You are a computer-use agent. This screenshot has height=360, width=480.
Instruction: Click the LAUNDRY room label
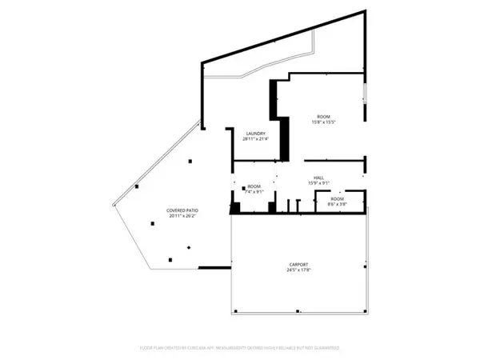pyautogui.click(x=255, y=134)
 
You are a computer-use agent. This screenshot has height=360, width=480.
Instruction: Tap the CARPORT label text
pyautogui.click(x=298, y=264)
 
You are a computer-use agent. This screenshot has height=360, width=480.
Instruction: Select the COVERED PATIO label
pyautogui.click(x=182, y=210)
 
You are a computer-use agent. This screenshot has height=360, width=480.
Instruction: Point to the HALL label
pyautogui.click(x=318, y=178)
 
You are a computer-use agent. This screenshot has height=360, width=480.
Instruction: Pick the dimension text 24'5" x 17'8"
pyautogui.click(x=298, y=270)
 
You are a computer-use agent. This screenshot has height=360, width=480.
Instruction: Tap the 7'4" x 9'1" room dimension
pyautogui.click(x=254, y=192)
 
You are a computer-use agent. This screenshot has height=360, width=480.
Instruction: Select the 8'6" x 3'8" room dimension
pyautogui.click(x=337, y=204)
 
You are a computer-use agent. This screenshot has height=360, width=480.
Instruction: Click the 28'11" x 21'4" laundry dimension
pyautogui.click(x=255, y=139)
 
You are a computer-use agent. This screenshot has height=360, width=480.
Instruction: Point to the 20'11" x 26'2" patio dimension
pyautogui.click(x=182, y=216)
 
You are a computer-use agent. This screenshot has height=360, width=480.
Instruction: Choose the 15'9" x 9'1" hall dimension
pyautogui.click(x=318, y=183)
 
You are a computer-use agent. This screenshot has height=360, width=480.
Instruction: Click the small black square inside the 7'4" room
pyautogui.click(x=243, y=188)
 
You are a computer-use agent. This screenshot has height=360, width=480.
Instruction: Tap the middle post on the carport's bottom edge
pyautogui.click(x=298, y=310)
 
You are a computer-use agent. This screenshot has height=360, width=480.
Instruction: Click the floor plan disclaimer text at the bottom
pyautogui.click(x=240, y=348)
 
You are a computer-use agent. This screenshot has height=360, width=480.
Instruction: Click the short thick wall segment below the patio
pyautogui.click(x=214, y=268)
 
